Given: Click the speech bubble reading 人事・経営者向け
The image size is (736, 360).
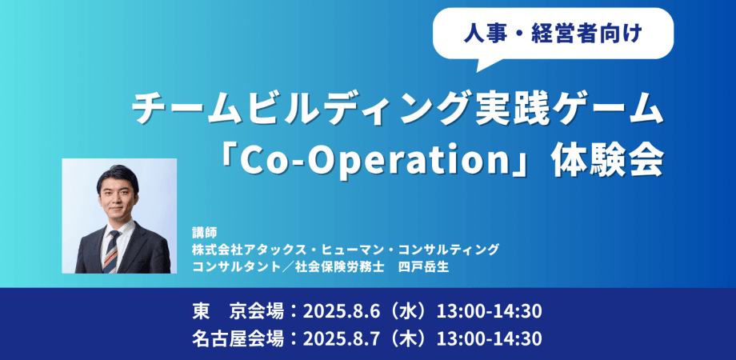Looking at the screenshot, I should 553,34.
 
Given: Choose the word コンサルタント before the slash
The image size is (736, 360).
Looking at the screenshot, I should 228,266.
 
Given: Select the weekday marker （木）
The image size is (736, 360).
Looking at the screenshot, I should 411,338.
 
